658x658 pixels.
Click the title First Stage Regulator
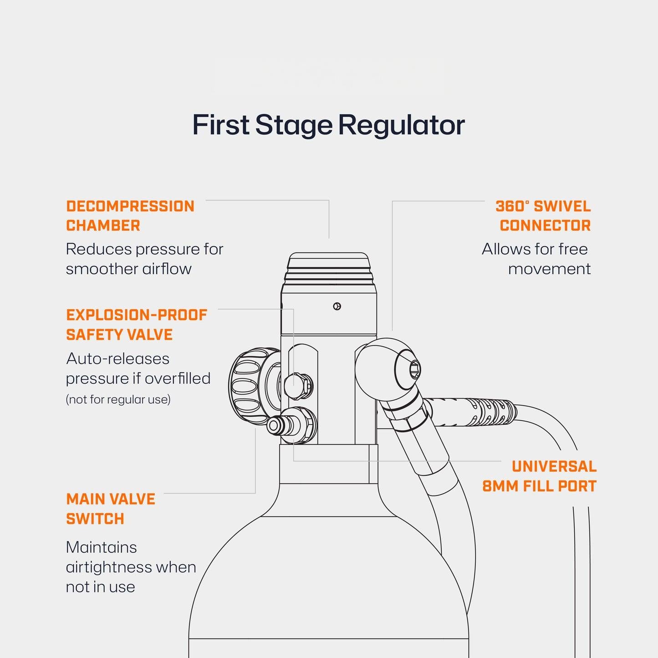pos(328,125)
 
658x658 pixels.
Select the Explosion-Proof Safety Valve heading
pos(137,325)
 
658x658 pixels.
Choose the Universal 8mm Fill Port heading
pos(540,476)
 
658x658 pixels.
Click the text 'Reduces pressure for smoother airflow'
pos(144,259)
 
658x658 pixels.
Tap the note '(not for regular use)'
pos(118,399)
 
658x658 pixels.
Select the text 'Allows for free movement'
pos(536,259)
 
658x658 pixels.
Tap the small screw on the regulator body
pos(337,306)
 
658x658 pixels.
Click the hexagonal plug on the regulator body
pos(298,385)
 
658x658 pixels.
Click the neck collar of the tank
pos(328,464)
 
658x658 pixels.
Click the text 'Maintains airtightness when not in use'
pos(131,567)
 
